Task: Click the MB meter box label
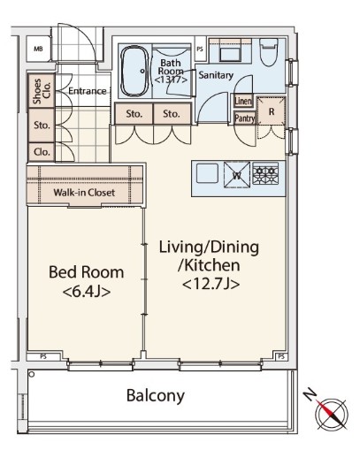click(x=38, y=49)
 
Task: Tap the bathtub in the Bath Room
click(x=135, y=71)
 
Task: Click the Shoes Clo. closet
click(x=42, y=91)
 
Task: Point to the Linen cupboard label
click(x=243, y=101)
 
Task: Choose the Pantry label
click(x=244, y=118)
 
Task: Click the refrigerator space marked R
click(x=272, y=111)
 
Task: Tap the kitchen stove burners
click(x=265, y=173)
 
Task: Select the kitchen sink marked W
click(x=237, y=175)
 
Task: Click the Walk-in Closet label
click(x=84, y=193)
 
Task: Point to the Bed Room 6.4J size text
click(x=87, y=292)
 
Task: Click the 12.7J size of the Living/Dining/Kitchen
click(x=211, y=284)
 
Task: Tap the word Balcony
click(x=155, y=396)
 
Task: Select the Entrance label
click(x=88, y=91)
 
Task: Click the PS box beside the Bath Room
click(x=200, y=49)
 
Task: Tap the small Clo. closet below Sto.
click(x=42, y=152)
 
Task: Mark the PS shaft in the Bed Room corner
click(x=44, y=357)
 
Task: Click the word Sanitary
click(x=216, y=75)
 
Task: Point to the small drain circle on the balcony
click(x=32, y=375)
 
